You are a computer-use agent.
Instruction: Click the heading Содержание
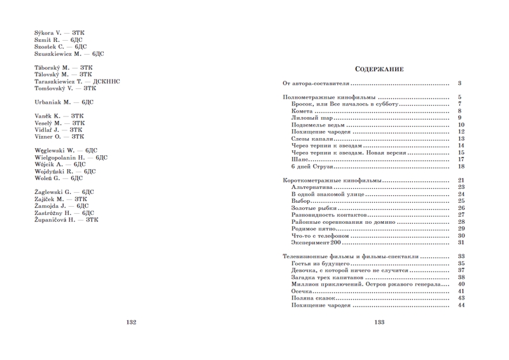pos(379,69)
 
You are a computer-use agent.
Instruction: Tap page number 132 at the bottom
pos(131,322)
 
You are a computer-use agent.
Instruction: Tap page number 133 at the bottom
pos(378,322)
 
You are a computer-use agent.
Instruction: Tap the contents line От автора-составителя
pos(316,83)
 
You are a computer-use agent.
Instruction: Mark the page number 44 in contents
pos(461,305)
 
